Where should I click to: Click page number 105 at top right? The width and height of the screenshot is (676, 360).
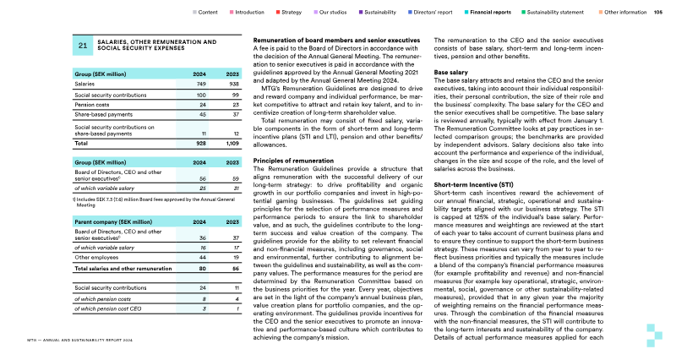(658, 13)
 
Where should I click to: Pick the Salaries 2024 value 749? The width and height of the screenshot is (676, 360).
(200, 85)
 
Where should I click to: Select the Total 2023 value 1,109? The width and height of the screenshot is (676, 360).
(229, 145)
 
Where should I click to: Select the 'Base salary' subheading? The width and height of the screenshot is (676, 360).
(451, 73)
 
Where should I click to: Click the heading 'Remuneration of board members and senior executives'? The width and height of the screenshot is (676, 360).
(336, 41)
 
